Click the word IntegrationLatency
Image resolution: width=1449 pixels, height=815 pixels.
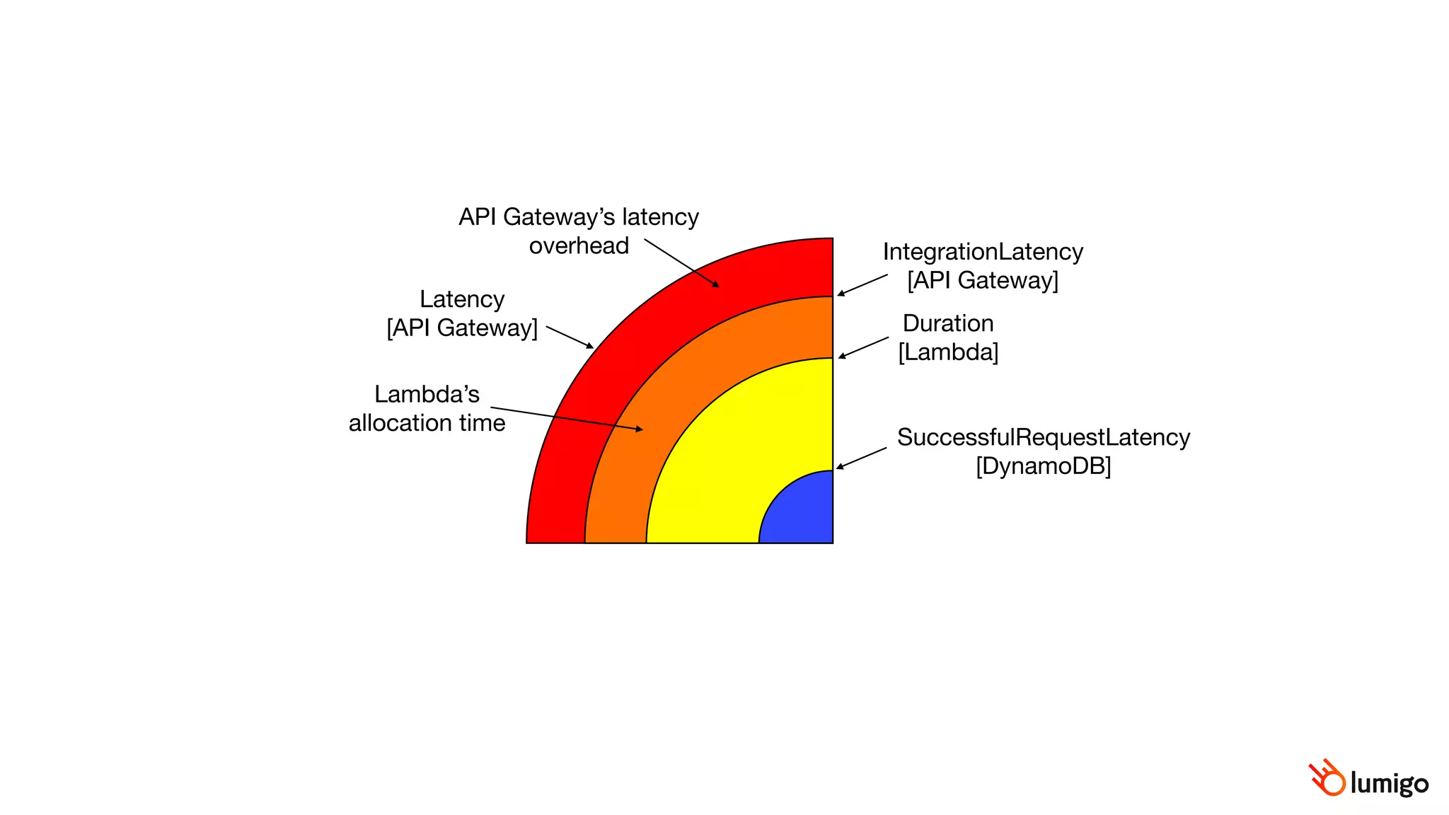click(x=983, y=252)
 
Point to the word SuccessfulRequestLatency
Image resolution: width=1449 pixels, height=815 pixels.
click(x=1043, y=437)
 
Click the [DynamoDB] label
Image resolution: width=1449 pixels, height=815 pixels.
click(x=1043, y=466)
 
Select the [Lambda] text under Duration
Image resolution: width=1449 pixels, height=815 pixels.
click(x=948, y=352)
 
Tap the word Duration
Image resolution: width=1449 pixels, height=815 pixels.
click(x=948, y=323)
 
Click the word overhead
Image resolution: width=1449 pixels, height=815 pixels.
click(x=579, y=245)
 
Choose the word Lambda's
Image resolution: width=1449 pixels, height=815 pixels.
click(x=427, y=394)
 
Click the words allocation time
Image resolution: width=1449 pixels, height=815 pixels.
click(x=427, y=423)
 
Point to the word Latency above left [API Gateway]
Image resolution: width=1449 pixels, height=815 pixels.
click(x=462, y=299)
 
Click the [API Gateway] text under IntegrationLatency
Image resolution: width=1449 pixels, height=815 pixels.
click(x=983, y=280)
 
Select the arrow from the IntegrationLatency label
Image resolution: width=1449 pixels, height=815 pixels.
click(x=862, y=285)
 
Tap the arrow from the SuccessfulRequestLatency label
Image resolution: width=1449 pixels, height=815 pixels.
click(x=861, y=458)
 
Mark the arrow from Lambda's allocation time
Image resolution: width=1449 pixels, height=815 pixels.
click(x=566, y=418)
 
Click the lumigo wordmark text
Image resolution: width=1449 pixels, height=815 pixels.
click(x=1389, y=783)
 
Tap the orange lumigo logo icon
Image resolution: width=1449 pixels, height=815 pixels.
click(x=1327, y=778)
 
